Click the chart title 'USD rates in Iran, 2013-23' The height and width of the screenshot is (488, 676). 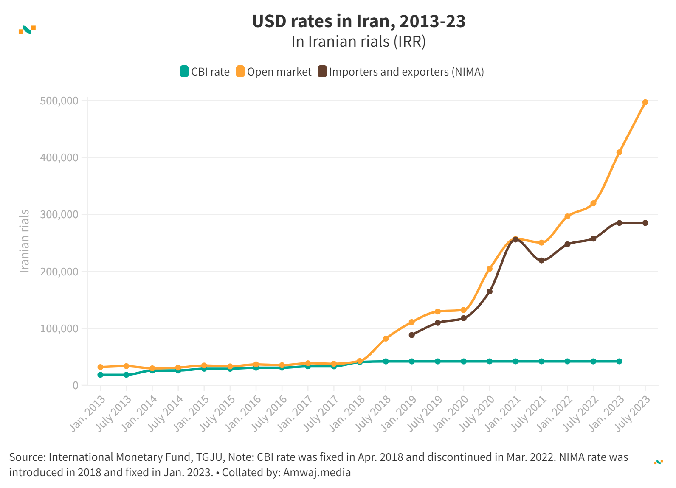(x=359, y=21)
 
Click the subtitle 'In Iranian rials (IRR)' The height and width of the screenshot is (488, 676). (x=358, y=42)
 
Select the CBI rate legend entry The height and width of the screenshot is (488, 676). (x=205, y=72)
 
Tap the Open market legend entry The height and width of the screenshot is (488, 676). (x=274, y=72)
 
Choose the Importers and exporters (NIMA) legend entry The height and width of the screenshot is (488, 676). (x=401, y=72)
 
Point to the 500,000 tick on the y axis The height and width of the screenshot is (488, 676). (x=59, y=101)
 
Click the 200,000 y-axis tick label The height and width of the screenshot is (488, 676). (x=59, y=272)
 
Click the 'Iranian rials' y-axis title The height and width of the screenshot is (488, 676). (x=25, y=241)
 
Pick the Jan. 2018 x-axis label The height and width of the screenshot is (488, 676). (x=348, y=413)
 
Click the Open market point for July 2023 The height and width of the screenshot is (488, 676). (x=645, y=102)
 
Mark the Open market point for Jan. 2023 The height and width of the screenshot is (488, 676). (x=619, y=152)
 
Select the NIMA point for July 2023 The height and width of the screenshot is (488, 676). (x=645, y=223)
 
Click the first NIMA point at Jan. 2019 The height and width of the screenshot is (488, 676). (x=411, y=335)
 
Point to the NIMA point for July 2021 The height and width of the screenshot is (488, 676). (x=541, y=260)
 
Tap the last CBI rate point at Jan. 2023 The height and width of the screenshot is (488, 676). (x=619, y=361)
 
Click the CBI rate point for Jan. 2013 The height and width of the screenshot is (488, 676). (x=100, y=375)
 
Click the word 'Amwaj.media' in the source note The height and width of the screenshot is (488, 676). (x=317, y=472)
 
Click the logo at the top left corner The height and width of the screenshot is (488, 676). (x=27, y=29)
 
